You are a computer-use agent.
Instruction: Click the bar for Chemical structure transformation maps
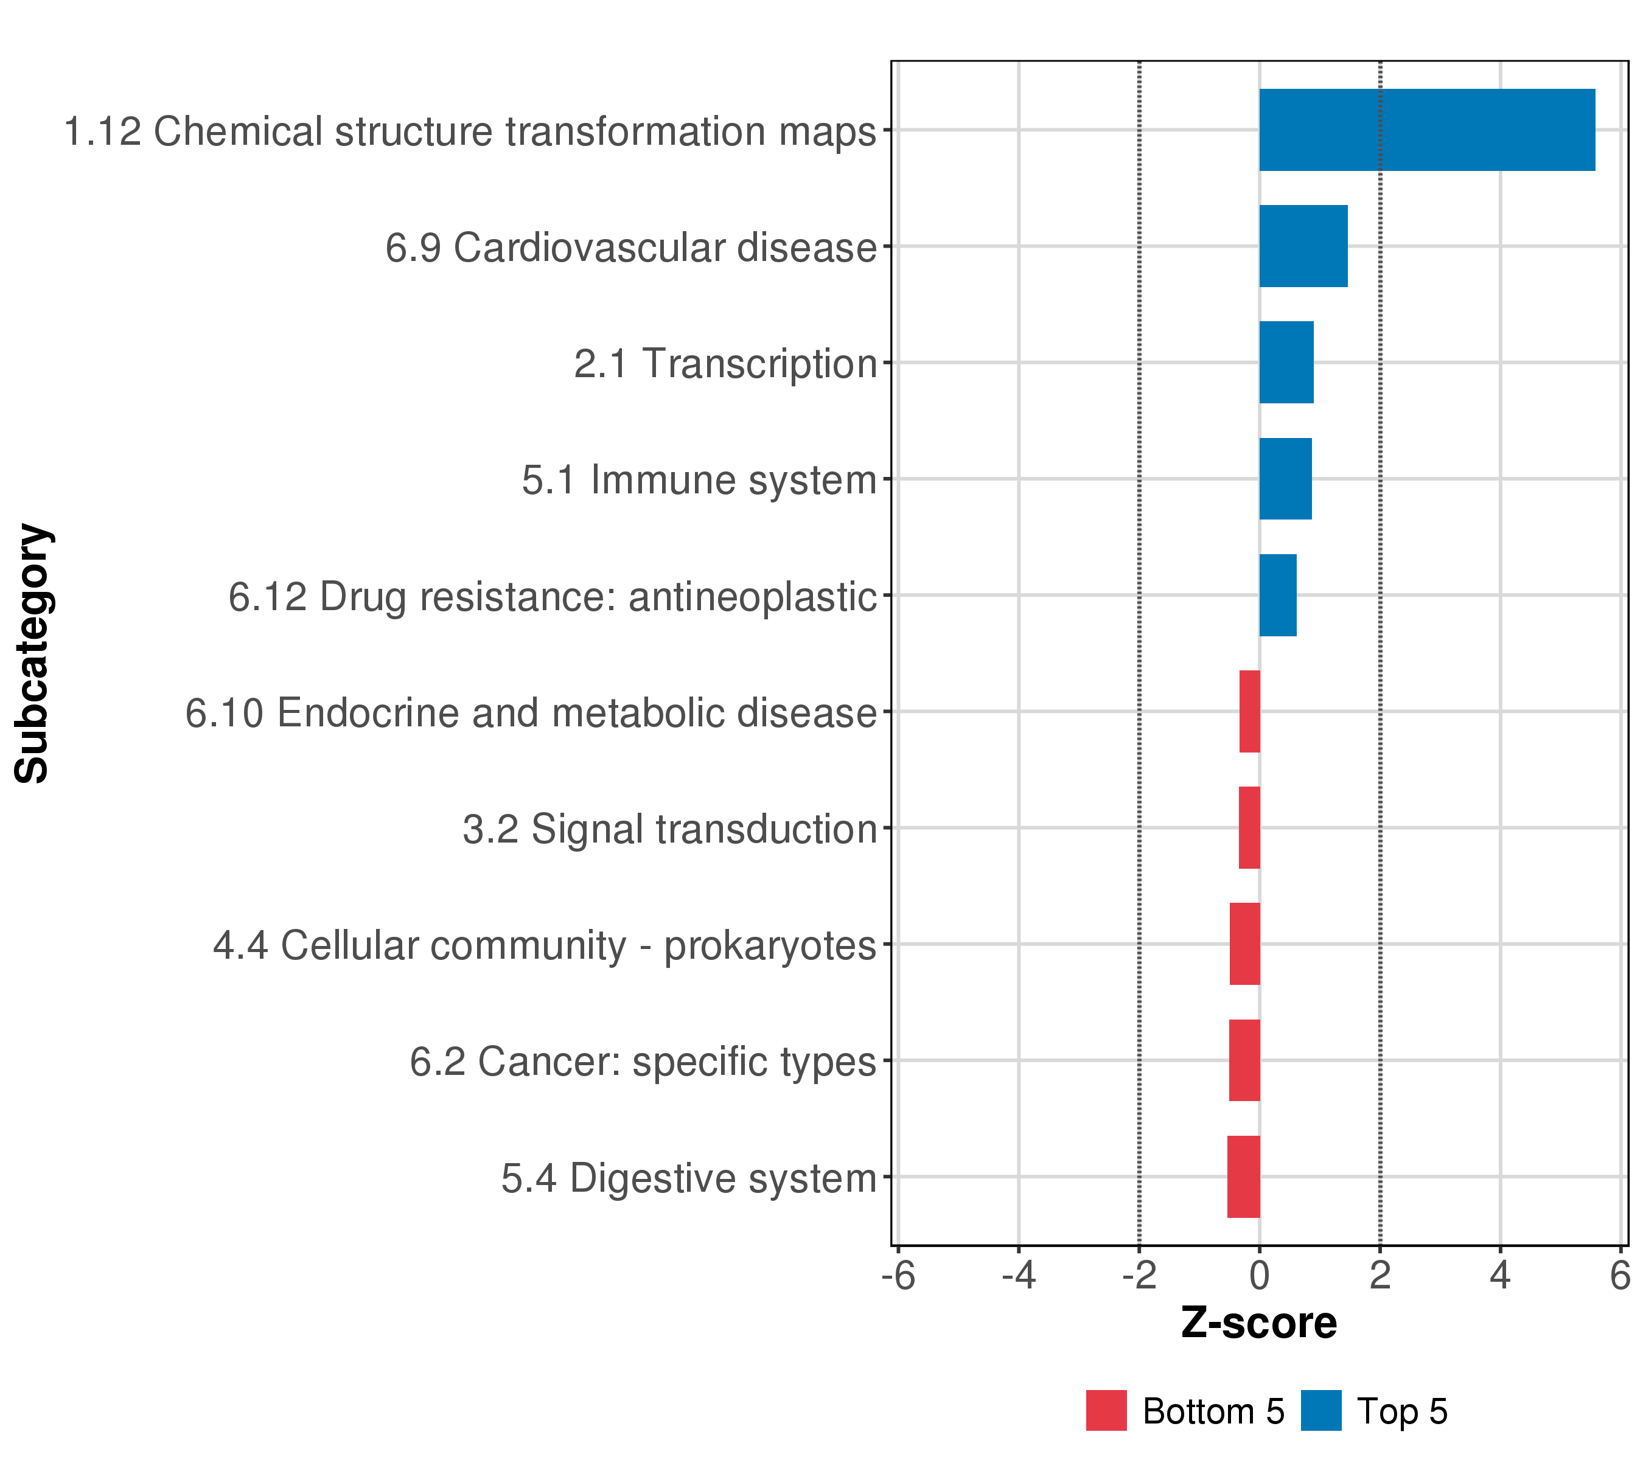pyautogui.click(x=1427, y=130)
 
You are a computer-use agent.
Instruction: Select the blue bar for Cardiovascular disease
pyautogui.click(x=1303, y=246)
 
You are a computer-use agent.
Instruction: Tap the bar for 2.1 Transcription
pyautogui.click(x=1286, y=363)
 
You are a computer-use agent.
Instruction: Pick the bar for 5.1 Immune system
pyautogui.click(x=1285, y=479)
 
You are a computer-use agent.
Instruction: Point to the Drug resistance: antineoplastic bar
pyautogui.click(x=1277, y=596)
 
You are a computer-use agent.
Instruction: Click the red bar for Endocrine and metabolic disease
pyautogui.click(x=1250, y=711)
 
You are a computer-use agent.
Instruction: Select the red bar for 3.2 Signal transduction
pyautogui.click(x=1249, y=827)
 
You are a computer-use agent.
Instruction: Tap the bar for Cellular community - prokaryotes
pyautogui.click(x=1245, y=944)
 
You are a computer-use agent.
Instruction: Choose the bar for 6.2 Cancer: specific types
pyautogui.click(x=1244, y=1061)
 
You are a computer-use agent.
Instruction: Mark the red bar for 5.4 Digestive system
pyautogui.click(x=1243, y=1177)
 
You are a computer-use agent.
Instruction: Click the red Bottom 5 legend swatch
pyautogui.click(x=1106, y=1410)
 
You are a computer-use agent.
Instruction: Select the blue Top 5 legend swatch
pyautogui.click(x=1320, y=1410)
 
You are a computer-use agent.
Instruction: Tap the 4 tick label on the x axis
pyautogui.click(x=1500, y=1276)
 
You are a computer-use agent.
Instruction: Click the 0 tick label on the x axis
pyautogui.click(x=1260, y=1276)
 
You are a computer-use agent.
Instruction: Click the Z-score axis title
pyautogui.click(x=1259, y=1323)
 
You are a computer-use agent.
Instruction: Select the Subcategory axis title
pyautogui.click(x=33, y=653)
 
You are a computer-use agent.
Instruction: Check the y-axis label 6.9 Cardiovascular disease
pyautogui.click(x=630, y=248)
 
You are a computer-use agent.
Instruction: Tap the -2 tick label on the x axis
pyautogui.click(x=1139, y=1276)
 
